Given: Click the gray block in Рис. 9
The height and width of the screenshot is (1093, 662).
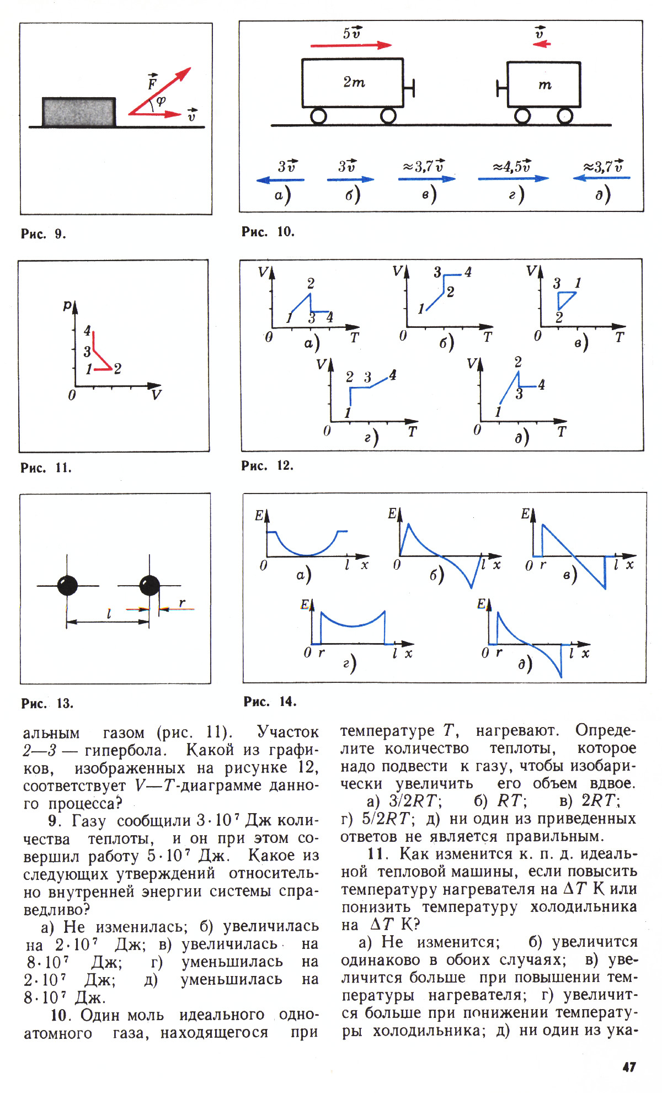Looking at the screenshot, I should pyautogui.click(x=79, y=112).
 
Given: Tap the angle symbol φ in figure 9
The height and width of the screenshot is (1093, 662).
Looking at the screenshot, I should pyautogui.click(x=161, y=100).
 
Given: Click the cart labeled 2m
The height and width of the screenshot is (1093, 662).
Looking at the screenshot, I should pyautogui.click(x=353, y=83).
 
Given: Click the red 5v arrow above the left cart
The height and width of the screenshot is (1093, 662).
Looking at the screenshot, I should pyautogui.click(x=351, y=45).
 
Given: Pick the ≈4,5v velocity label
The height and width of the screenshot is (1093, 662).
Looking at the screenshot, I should pyautogui.click(x=512, y=166).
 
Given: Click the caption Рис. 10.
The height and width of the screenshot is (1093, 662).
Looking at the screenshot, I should pyautogui.click(x=268, y=232).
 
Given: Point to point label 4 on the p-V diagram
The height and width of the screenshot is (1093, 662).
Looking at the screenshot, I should pyautogui.click(x=87, y=331).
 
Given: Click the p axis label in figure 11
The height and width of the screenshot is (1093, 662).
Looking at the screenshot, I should pyautogui.click(x=67, y=305).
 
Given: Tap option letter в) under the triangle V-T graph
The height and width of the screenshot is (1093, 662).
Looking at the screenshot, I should pyautogui.click(x=581, y=343).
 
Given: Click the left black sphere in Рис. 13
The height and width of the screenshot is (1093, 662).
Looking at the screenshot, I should pyautogui.click(x=67, y=585).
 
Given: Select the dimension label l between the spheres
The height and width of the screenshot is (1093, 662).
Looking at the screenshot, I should pyautogui.click(x=109, y=613).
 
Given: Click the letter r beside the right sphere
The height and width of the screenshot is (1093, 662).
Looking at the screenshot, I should pyautogui.click(x=182, y=602).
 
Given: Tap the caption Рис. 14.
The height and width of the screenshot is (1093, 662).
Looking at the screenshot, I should pyautogui.click(x=270, y=702).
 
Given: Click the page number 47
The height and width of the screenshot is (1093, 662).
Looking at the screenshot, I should pyautogui.click(x=629, y=1067).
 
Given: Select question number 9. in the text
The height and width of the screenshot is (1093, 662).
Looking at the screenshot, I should pyautogui.click(x=54, y=821).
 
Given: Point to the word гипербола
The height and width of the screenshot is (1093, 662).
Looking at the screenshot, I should pyautogui.click(x=125, y=751).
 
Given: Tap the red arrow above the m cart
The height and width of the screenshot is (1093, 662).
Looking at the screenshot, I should pyautogui.click(x=541, y=44).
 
